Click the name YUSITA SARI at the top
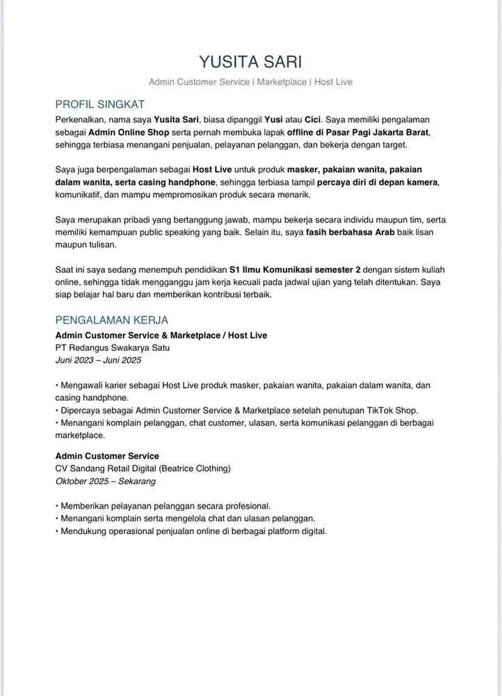(250, 61)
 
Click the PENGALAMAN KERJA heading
(111, 320)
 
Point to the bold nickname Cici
(312, 119)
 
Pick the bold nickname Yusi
(273, 119)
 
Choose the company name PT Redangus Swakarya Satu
(113, 347)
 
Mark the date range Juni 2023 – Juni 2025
(98, 360)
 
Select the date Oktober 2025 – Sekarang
(106, 481)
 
